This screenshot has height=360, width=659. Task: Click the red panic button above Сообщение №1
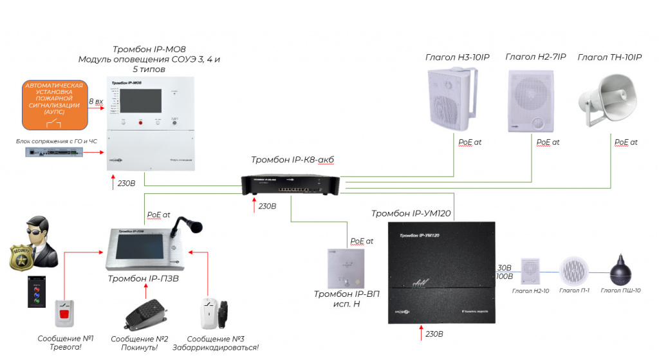tap(65, 314)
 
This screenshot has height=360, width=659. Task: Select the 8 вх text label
tap(95, 102)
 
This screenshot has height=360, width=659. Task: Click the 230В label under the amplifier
tap(434, 334)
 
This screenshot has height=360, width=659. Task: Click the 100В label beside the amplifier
tap(505, 277)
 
